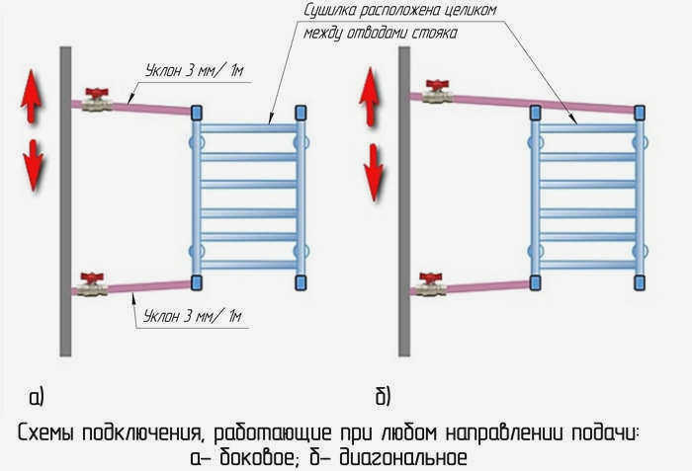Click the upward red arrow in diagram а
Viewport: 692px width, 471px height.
point(32,96)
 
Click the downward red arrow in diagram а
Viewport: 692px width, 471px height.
point(33,165)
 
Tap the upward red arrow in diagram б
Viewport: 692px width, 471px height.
point(370,98)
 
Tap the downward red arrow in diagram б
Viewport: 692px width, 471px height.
point(374,173)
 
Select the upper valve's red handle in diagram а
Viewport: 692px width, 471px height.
point(97,93)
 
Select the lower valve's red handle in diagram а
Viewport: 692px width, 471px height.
point(92,277)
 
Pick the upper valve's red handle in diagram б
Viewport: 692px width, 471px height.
point(437,85)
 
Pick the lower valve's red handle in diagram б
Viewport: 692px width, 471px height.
point(431,277)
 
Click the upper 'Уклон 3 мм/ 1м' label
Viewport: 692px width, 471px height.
point(194,70)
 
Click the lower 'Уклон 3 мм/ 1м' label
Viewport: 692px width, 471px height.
point(193,316)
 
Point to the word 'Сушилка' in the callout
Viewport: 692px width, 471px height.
point(330,10)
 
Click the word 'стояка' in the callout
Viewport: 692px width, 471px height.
point(434,34)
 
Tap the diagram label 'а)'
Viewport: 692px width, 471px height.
point(37,397)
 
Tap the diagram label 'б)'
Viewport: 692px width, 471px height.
point(384,396)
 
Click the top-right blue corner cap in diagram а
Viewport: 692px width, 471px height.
point(301,113)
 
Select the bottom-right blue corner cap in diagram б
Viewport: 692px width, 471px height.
point(640,282)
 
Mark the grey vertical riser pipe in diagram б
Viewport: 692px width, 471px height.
point(404,201)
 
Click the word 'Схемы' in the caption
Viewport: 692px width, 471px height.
point(45,433)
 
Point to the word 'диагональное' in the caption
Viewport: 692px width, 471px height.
point(403,458)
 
